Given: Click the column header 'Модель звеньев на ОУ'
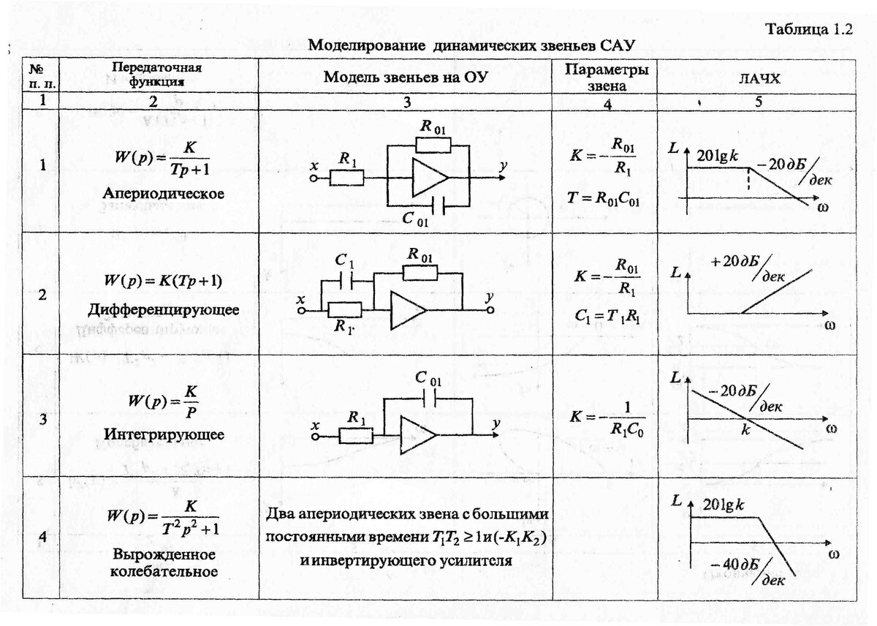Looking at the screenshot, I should [x=406, y=78].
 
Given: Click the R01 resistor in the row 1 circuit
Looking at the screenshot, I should [x=429, y=143].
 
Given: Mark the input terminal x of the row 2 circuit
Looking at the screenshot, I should [x=300, y=310].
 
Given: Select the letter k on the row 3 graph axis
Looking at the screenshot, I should [x=745, y=431].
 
